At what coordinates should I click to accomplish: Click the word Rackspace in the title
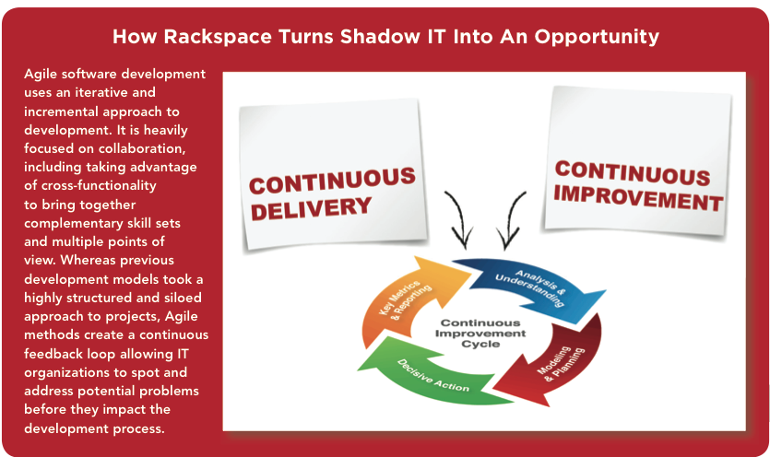click(218, 37)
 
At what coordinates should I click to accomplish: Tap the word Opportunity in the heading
click(597, 37)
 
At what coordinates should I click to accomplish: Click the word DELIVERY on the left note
click(311, 208)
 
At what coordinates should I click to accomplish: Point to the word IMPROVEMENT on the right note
click(638, 198)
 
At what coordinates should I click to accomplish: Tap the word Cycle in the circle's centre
click(480, 344)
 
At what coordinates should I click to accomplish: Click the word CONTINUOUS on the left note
click(332, 181)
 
